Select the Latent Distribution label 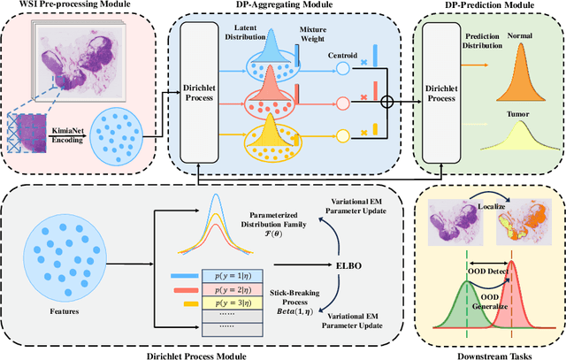pos(257,36)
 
